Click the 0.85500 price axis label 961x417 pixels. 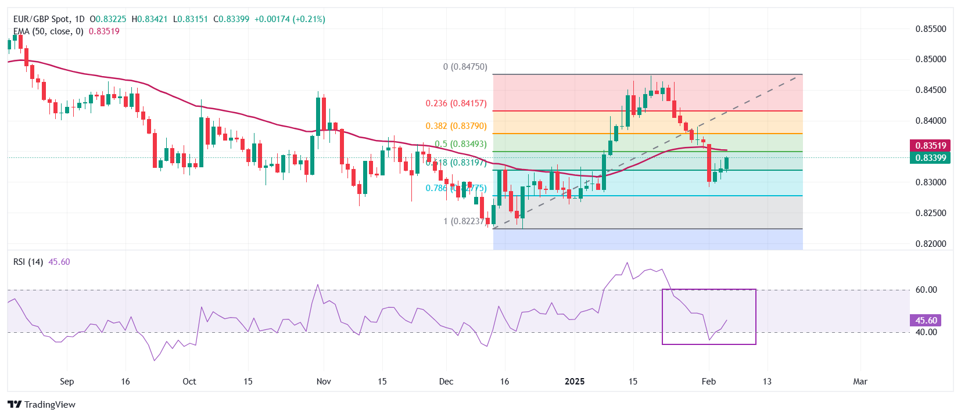(931, 28)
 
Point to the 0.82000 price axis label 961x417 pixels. (931, 244)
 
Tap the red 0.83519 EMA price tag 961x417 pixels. (931, 146)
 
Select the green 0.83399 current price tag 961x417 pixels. (931, 158)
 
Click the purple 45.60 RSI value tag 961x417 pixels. (926, 321)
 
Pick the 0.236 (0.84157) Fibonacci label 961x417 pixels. (456, 103)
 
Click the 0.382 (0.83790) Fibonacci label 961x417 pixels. (456, 126)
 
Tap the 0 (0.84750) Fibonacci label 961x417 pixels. (465, 67)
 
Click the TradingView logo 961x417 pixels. (42, 405)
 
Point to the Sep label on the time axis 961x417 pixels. (67, 382)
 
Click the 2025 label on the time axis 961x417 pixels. (575, 382)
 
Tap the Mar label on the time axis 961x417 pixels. (860, 382)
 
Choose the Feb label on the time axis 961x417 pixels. (708, 382)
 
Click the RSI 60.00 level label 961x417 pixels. (926, 290)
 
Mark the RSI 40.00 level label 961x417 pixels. (926, 332)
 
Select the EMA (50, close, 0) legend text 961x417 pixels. (48, 31)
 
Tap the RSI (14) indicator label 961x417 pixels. (28, 262)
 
